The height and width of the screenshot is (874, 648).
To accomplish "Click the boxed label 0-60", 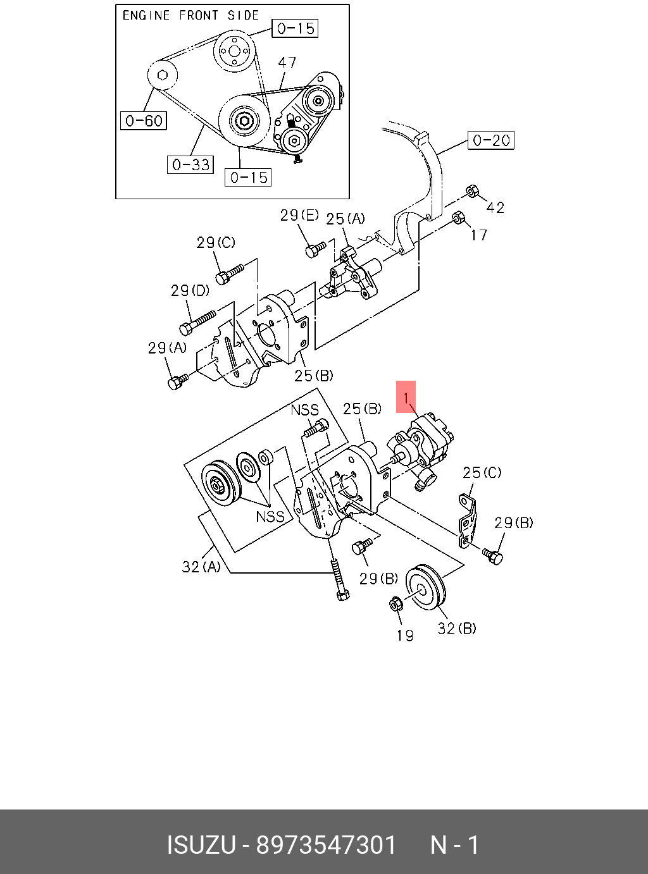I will coord(144,120).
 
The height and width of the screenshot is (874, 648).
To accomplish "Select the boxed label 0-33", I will coord(190,164).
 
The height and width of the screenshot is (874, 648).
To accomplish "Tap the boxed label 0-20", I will coord(491,140).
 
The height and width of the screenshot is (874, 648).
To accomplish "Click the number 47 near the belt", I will coord(287,62).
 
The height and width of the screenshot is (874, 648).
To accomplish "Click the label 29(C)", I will coord(215,243).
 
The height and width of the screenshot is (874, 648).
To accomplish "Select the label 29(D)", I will coord(190,291).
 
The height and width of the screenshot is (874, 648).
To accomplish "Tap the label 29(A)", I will coord(167,348).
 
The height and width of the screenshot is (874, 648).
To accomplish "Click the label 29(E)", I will coord(299,216).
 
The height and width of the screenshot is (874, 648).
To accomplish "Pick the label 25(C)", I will coord(482,472).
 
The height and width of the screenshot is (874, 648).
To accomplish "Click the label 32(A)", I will coord(201,567).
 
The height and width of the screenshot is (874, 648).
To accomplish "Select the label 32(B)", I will coord(457,628).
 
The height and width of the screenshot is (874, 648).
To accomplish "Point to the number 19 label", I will coord(405,635).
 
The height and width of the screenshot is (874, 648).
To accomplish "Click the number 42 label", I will coord(495,208).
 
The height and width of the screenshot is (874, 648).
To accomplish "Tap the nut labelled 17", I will coord(459,219).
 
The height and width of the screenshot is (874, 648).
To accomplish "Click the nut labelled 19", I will coord(396,605).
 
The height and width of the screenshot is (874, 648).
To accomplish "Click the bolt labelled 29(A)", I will coord(177,381).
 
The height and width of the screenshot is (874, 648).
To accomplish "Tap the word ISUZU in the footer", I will coord(201,845).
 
